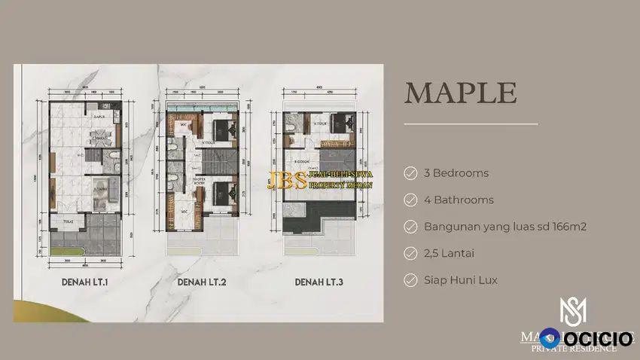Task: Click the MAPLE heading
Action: (461, 93)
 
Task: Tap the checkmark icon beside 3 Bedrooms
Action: (410, 173)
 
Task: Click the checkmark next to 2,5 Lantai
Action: (410, 253)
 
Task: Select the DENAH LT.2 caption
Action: (200, 283)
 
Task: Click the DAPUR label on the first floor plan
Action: (98, 117)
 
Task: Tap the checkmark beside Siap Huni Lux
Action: (410, 280)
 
